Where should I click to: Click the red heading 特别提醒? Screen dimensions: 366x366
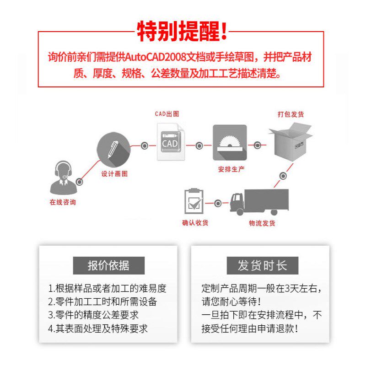tap(182, 31)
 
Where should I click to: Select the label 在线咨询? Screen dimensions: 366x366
tap(63, 202)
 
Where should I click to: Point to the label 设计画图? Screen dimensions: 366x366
tap(114, 174)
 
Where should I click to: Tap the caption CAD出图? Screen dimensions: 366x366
tap(167, 114)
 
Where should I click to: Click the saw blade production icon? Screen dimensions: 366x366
tap(230, 142)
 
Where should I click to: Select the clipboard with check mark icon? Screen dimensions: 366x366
tap(194, 201)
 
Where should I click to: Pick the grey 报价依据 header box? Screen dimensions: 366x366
tap(108, 265)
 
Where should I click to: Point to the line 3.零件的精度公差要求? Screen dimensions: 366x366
tap(93, 315)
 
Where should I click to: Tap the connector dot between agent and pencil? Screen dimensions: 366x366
tap(80, 182)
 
